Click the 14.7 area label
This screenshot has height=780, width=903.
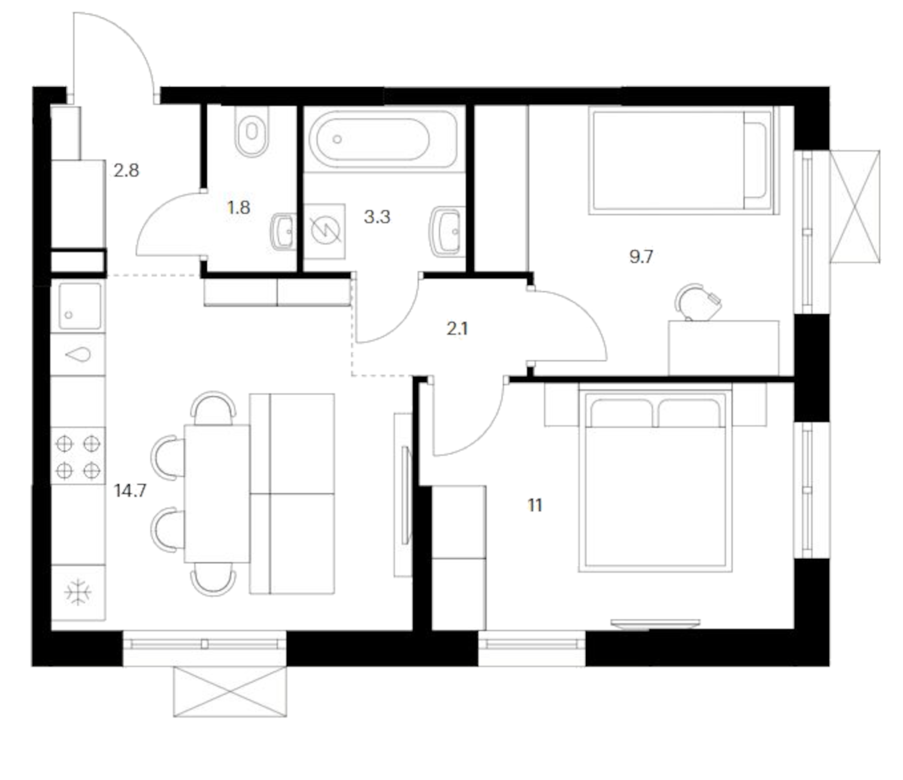pyautogui.click(x=130, y=491)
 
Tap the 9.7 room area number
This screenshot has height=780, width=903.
pyautogui.click(x=641, y=257)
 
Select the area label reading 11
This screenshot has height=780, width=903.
pyautogui.click(x=535, y=505)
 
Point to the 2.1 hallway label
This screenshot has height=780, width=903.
pyautogui.click(x=457, y=329)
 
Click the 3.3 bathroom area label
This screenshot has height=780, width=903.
pyautogui.click(x=377, y=217)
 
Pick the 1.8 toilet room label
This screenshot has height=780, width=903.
pyautogui.click(x=238, y=208)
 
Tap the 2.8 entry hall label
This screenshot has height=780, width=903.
pyautogui.click(x=126, y=170)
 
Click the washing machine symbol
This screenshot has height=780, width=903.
pyautogui.click(x=325, y=231)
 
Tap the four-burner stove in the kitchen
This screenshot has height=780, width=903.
pyautogui.click(x=78, y=456)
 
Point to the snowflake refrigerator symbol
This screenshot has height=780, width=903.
pyautogui.click(x=78, y=592)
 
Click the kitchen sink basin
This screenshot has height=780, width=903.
pyautogui.click(x=79, y=306)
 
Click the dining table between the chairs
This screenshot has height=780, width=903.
pyautogui.click(x=217, y=493)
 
